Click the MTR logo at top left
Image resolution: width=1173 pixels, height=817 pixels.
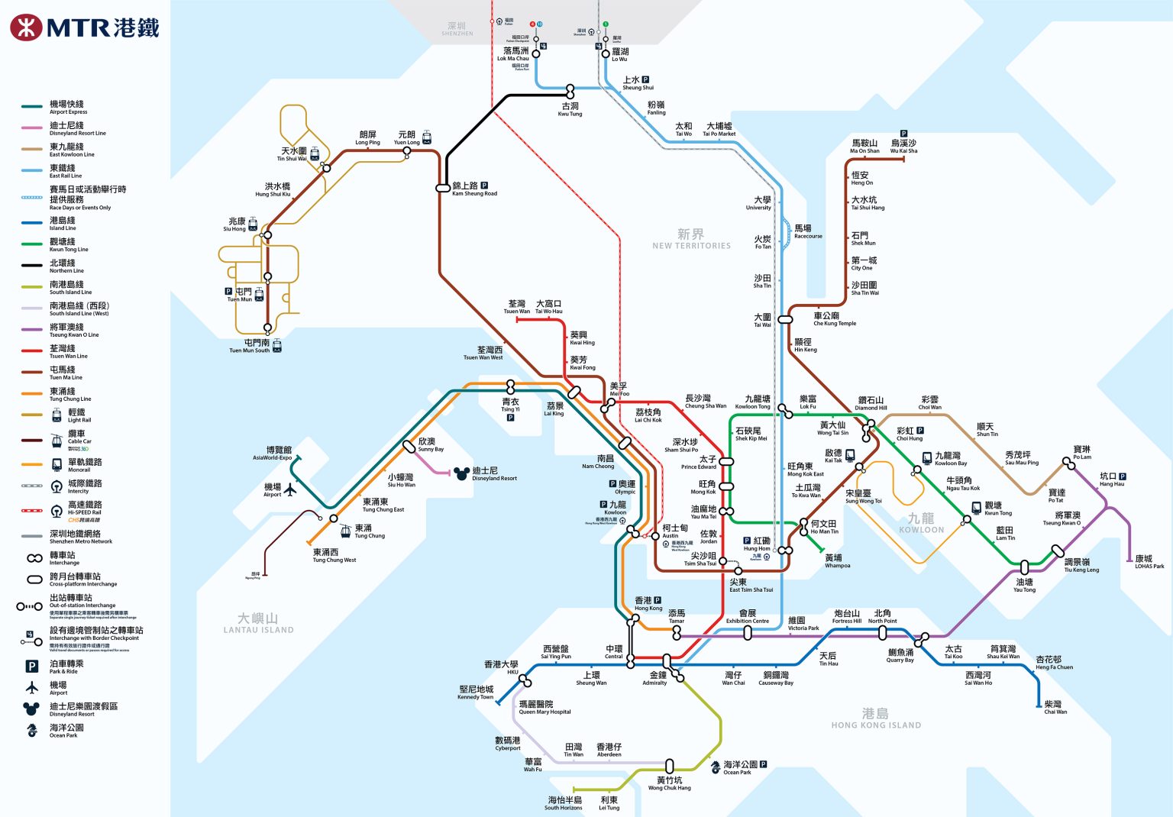pyautogui.click(x=84, y=27)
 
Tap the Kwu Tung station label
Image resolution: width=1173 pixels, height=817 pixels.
pyautogui.click(x=570, y=109)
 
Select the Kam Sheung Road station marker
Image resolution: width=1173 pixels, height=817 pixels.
pyautogui.click(x=443, y=188)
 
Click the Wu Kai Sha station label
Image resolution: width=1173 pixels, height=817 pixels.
pyautogui.click(x=903, y=147)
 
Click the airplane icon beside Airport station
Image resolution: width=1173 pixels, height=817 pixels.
pyautogui.click(x=290, y=489)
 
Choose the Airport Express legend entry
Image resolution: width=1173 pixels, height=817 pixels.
pyautogui.click(x=67, y=107)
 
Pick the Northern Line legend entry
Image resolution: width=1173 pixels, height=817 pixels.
pyautogui.click(x=66, y=266)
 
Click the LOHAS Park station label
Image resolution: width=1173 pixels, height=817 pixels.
pyautogui.click(x=1149, y=562)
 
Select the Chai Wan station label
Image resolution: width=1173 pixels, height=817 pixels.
pyautogui.click(x=1055, y=707)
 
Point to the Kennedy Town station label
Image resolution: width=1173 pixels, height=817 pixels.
pyautogui.click(x=476, y=693)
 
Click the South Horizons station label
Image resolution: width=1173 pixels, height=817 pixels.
pyautogui.click(x=564, y=803)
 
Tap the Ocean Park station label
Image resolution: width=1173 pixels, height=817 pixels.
pyautogui.click(x=739, y=767)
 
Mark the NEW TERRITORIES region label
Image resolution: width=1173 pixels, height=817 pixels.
pyautogui.click(x=691, y=239)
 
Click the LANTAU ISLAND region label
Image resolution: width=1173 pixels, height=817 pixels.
pyautogui.click(x=258, y=623)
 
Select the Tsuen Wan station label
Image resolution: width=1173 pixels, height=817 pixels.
pyautogui.click(x=516, y=307)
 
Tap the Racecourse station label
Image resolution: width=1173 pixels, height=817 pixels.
pyautogui.click(x=807, y=231)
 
